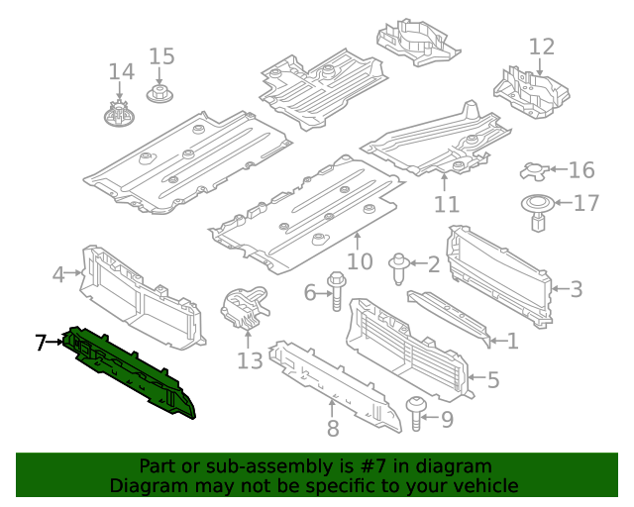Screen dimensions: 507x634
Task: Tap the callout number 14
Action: click(121, 72)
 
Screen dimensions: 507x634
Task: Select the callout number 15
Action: click(161, 56)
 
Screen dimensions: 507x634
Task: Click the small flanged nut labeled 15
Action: click(158, 94)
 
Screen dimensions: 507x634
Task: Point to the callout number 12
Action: click(542, 47)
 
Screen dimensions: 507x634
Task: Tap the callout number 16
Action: click(581, 170)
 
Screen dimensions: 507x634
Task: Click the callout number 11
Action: click(447, 205)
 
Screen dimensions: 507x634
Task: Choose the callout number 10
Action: click(359, 261)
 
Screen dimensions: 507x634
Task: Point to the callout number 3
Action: click(576, 289)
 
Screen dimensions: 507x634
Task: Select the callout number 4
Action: click(58, 274)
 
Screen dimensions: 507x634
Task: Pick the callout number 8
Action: click(333, 428)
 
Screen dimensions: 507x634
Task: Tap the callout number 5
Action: click(492, 378)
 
